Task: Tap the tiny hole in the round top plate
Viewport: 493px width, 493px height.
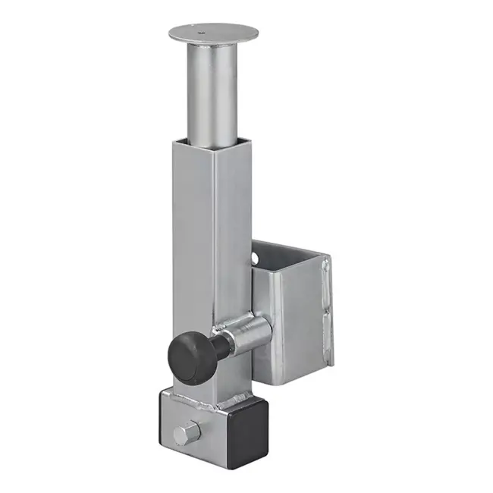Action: [202, 33]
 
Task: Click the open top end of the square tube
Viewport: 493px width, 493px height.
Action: [209, 142]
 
